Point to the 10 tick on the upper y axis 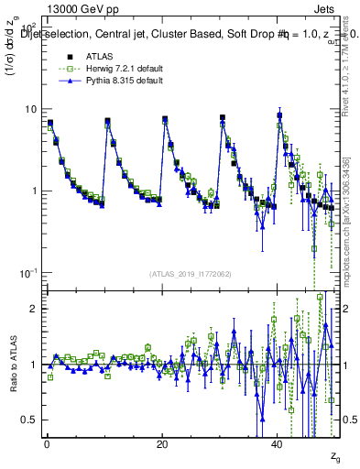coord(30,109)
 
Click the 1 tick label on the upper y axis coord(33,191)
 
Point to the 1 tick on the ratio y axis coord(33,365)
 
